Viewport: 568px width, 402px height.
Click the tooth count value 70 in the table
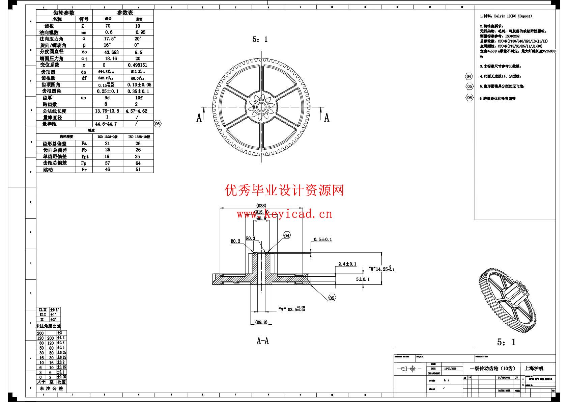pos(108,26)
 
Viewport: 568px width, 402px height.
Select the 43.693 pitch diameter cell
pos(108,52)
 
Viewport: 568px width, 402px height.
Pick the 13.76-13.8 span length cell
pos(108,111)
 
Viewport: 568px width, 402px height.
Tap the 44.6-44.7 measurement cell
pos(106,124)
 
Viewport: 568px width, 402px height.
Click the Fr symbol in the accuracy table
pos(84,170)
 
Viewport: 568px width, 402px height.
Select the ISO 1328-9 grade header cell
pos(108,137)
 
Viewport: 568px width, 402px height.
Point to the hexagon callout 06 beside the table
pos(158,124)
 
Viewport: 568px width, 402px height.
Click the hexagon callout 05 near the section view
pos(332,298)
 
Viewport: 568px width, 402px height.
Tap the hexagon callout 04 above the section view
pos(286,235)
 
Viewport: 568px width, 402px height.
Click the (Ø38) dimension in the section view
pos(261,205)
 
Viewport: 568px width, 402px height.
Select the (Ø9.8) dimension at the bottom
pos(261,322)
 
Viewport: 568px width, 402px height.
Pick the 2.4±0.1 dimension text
pos(347,264)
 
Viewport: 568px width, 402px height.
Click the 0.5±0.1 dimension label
pos(323,240)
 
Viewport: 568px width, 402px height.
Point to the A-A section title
pos(263,341)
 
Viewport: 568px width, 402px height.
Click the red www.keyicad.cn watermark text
pos(284,214)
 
